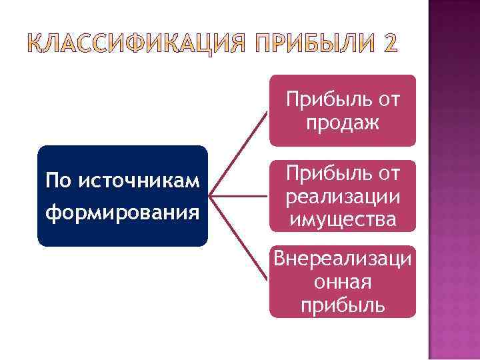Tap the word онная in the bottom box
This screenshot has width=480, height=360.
pos(342,283)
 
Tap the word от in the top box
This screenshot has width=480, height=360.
pos(387,100)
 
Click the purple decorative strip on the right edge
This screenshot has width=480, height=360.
pos(453,200)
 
